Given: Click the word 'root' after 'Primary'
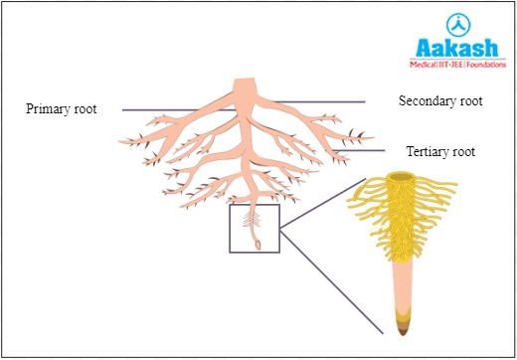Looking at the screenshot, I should tap(85, 109).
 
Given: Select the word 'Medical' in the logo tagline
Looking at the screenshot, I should tap(425, 64).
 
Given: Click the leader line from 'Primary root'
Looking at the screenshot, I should tap(159, 109).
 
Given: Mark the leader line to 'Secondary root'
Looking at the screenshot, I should tap(318, 101).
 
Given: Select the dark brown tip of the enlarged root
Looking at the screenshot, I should tap(405, 324).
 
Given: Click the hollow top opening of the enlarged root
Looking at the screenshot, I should tap(403, 179).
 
